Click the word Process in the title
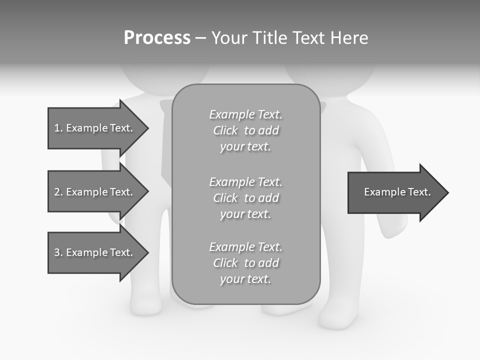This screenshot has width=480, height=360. [157, 38]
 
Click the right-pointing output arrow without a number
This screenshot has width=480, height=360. [395, 192]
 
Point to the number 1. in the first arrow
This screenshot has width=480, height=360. [58, 128]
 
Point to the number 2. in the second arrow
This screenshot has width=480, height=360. [58, 192]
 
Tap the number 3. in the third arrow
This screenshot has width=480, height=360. [58, 252]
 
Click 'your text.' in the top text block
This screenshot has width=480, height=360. [245, 147]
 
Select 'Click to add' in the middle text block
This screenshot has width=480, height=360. [245, 198]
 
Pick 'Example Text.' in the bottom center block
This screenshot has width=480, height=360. [245, 247]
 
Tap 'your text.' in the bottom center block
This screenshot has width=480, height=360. [245, 279]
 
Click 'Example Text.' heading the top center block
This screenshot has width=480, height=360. [245, 114]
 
